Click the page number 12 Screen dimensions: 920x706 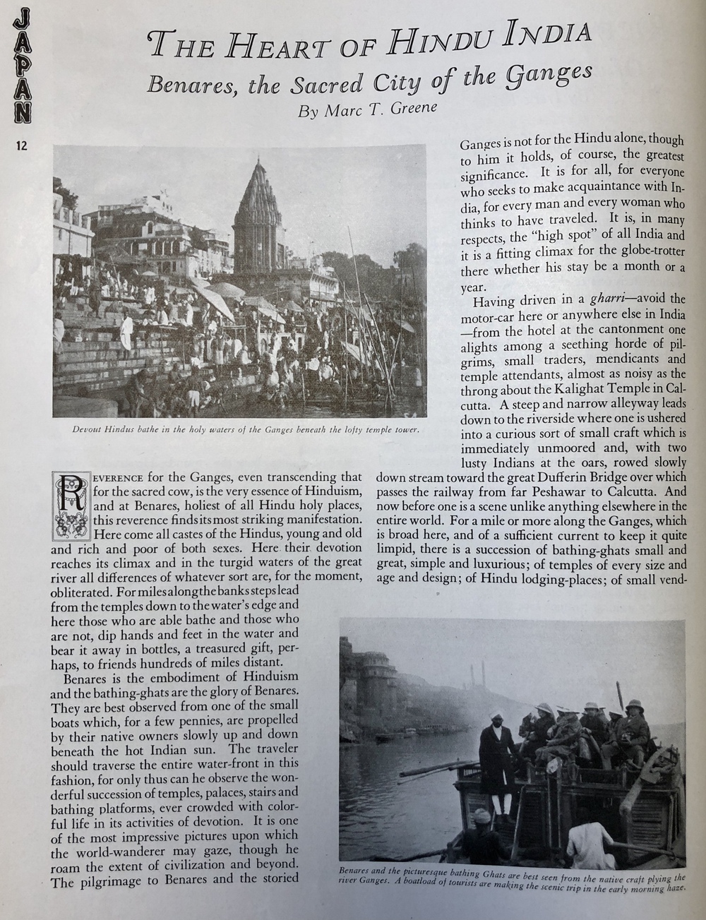(19, 146)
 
